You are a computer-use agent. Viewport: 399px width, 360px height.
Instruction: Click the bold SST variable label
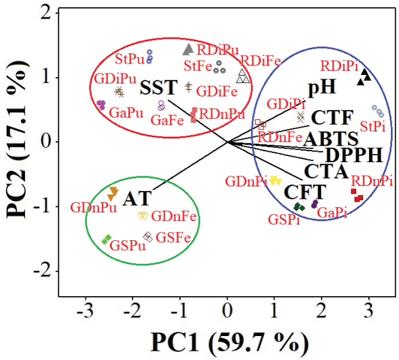click(158, 88)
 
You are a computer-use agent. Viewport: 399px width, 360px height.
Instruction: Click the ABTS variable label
click(331, 137)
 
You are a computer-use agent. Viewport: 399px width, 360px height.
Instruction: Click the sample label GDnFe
click(169, 216)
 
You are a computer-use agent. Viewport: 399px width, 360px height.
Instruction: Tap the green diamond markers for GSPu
click(107, 238)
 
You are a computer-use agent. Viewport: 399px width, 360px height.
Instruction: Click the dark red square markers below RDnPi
click(357, 195)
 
